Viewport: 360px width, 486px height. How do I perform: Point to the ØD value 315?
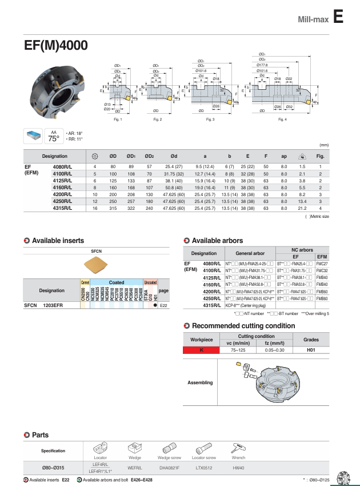(x=113, y=209)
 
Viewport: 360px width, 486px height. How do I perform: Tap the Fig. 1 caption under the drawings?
(x=117, y=119)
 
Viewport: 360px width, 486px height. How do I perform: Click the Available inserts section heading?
(x=57, y=241)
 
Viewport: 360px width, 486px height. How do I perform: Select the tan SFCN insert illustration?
(x=96, y=266)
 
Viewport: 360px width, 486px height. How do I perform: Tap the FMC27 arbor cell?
(x=322, y=264)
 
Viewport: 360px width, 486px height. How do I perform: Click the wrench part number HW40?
(x=238, y=468)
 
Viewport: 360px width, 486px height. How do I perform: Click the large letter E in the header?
(x=338, y=18)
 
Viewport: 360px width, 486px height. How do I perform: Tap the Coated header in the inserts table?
(x=117, y=282)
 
